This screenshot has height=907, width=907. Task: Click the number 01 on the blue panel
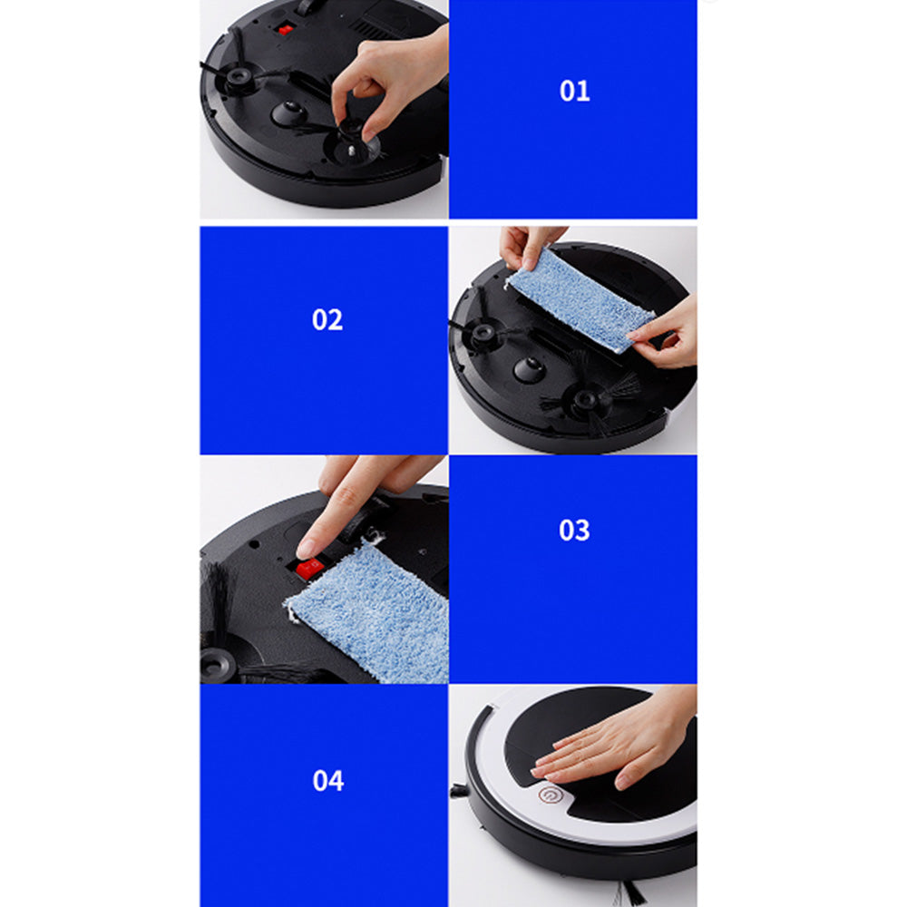point(574,92)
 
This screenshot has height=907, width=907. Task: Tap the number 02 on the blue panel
point(327,320)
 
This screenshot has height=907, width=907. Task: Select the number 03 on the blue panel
point(574,531)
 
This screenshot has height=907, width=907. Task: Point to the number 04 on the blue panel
point(327,780)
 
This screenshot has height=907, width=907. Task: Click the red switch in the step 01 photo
point(286,30)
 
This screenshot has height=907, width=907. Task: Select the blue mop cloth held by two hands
point(580,300)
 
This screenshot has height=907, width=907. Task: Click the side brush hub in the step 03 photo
point(219,662)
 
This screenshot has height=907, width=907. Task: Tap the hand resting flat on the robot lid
point(617,744)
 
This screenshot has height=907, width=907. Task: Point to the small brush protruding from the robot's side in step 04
point(459,791)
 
